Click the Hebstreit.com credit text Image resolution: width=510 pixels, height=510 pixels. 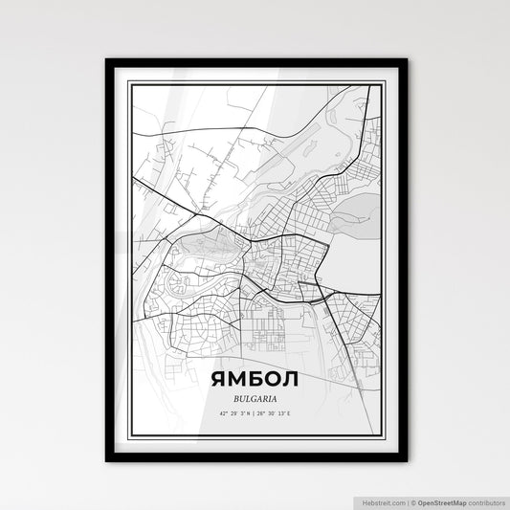pyautogui.click(x=384, y=501)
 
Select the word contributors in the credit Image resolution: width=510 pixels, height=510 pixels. pyautogui.click(x=485, y=501)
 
